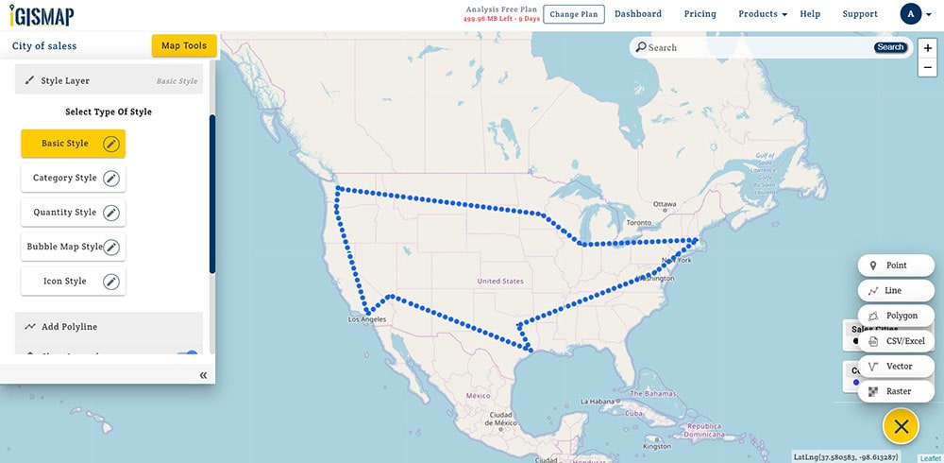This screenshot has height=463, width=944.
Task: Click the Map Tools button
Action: click(x=184, y=45)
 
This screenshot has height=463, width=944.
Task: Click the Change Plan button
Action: click(x=574, y=14)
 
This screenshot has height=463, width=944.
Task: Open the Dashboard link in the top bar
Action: click(x=638, y=14)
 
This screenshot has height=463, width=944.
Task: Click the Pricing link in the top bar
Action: click(x=700, y=14)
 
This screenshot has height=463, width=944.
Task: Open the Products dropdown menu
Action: click(x=762, y=14)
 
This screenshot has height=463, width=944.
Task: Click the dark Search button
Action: click(x=890, y=47)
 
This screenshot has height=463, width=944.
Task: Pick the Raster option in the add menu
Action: click(x=896, y=391)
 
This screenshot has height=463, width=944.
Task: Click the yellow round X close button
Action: click(x=901, y=426)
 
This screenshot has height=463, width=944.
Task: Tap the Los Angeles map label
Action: click(x=367, y=319)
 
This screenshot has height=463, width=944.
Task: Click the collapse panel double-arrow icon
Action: click(x=203, y=375)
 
